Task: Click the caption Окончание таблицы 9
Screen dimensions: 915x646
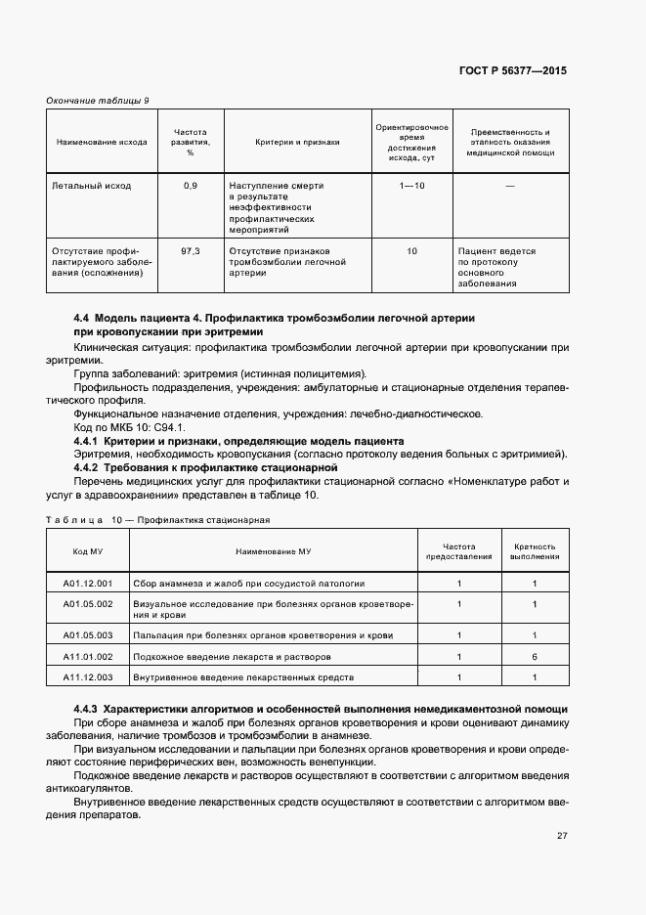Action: pos(98,101)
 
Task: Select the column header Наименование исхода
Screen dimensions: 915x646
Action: pos(102,142)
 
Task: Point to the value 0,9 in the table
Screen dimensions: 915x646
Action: pos(190,185)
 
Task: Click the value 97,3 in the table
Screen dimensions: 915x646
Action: pos(190,251)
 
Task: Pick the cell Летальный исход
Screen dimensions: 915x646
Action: pos(91,185)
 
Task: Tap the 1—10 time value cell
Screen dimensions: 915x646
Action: pos(411,185)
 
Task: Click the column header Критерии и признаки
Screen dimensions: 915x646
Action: pos(297,142)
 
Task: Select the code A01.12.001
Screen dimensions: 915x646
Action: pos(88,584)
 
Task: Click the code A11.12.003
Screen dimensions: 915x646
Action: pos(88,676)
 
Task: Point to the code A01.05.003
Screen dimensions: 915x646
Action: pos(88,634)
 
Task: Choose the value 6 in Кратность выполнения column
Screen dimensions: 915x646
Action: pos(535,656)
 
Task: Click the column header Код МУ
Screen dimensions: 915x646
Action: pos(88,550)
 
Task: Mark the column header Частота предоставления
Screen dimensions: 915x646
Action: pos(458,550)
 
